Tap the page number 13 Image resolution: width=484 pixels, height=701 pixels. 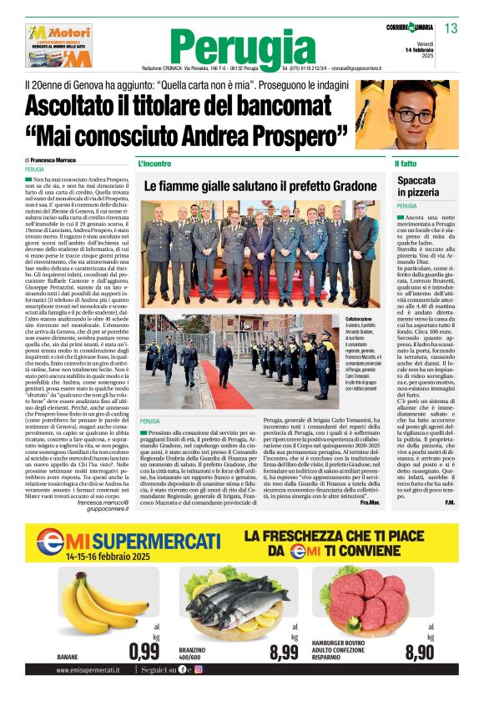click(x=451, y=28)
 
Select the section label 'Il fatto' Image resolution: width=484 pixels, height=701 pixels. click(x=406, y=164)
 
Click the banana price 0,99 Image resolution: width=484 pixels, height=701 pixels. click(x=144, y=651)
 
